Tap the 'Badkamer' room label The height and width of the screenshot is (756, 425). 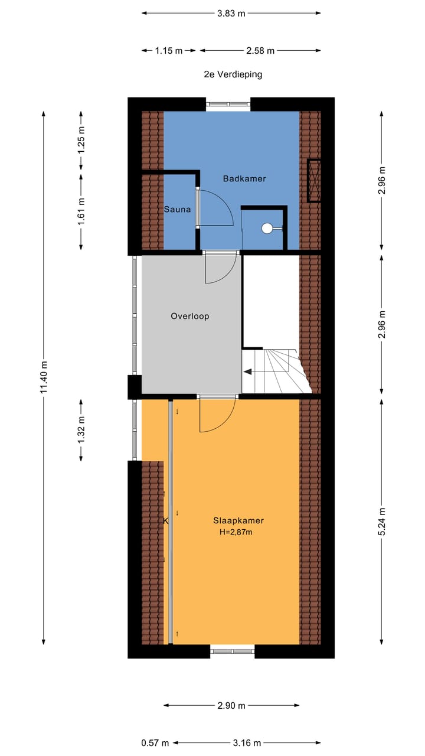coord(244,178)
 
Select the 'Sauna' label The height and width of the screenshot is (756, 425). coord(177,209)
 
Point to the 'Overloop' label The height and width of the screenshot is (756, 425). coord(190,316)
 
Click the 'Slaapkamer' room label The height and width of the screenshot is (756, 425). coord(238,520)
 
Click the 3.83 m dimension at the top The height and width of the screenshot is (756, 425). coord(231,14)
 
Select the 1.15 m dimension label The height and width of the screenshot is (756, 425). coord(169,51)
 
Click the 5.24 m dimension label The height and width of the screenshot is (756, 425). coord(382,521)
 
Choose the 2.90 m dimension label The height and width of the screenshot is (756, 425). coord(231,705)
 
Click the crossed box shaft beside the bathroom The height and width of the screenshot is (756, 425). coord(314,181)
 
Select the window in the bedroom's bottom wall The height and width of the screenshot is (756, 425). coord(232,651)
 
